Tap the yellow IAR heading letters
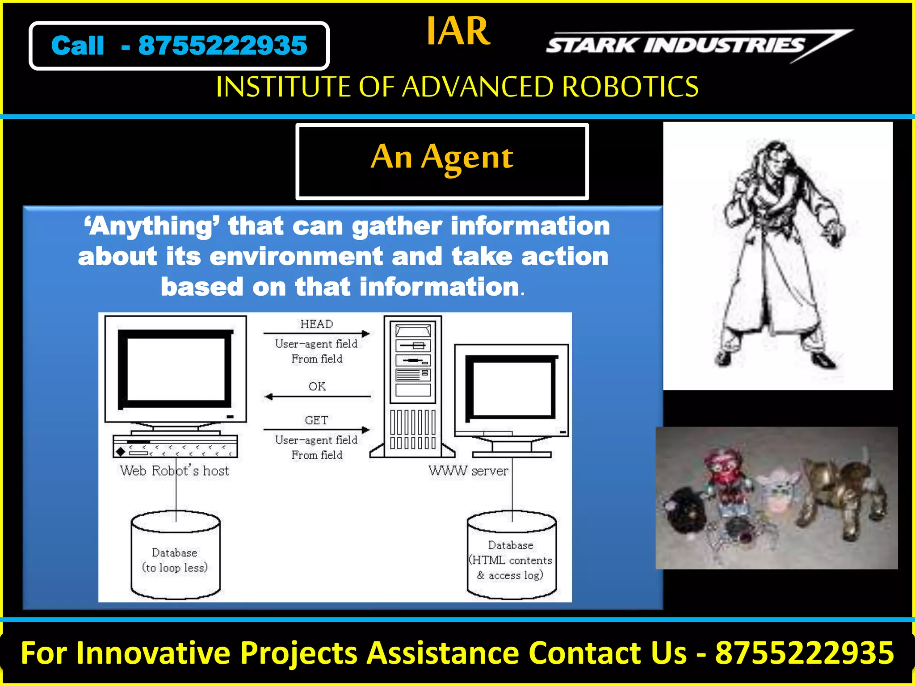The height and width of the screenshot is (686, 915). coord(458,31)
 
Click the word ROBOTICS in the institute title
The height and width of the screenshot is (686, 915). coord(630,87)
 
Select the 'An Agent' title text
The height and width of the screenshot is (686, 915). coord(442,158)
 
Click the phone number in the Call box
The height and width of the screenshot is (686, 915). coord(222,46)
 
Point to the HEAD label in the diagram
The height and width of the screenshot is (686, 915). coord(316,324)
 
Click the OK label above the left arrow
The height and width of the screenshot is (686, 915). coord(317,386)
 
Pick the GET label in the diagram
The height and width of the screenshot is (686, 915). coord(316,420)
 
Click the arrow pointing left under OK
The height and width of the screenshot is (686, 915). coord(317,396)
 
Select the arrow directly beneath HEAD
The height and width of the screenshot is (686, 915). coord(317,334)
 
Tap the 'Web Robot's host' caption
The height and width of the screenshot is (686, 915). coord(174,471)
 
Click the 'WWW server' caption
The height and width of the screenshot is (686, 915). coord(468,471)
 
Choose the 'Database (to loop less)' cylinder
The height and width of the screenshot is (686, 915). coord(176,556)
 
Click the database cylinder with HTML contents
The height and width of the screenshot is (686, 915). coord(512,556)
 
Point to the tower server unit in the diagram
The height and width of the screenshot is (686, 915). coord(413,386)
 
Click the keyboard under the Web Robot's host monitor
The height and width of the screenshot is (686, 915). coord(175,446)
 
